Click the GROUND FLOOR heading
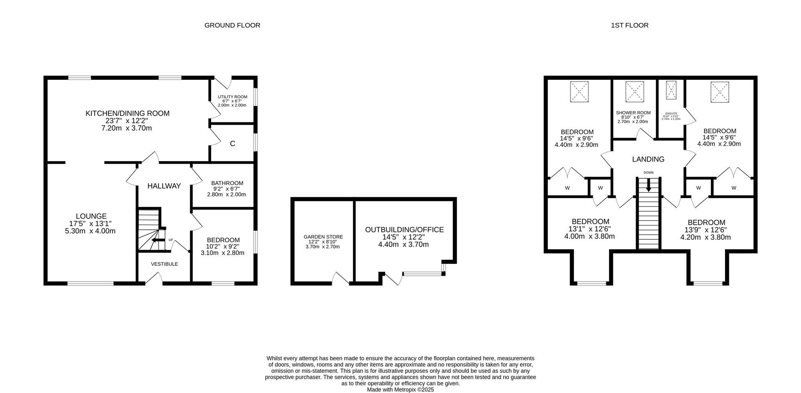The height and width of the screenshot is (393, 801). tap(232, 25)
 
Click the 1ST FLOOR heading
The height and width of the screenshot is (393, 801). tap(629, 25)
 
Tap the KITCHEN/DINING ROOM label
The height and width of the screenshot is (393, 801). tap(127, 113)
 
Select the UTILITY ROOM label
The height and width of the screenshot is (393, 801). tap(232, 97)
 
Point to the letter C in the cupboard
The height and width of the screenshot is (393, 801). tap(232, 144)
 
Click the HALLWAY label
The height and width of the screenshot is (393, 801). tap(164, 186)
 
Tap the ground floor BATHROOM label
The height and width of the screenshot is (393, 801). tap(227, 183)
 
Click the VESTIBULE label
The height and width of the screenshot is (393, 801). tap(164, 264)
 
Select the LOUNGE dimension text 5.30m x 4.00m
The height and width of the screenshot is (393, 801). tap(90, 231)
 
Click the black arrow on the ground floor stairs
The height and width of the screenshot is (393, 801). tap(158, 240)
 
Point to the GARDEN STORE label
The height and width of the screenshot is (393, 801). tap(323, 237)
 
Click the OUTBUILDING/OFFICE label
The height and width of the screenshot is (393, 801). tap(404, 230)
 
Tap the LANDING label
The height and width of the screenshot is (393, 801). tap(648, 159)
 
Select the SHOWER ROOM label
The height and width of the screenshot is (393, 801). tap(633, 113)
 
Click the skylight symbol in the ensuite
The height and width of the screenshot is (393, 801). tap(671, 90)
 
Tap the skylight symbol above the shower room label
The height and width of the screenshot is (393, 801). tap(635, 91)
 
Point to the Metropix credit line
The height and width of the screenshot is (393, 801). tap(400, 389)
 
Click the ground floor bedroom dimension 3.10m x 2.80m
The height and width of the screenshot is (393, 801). tap(222, 253)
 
